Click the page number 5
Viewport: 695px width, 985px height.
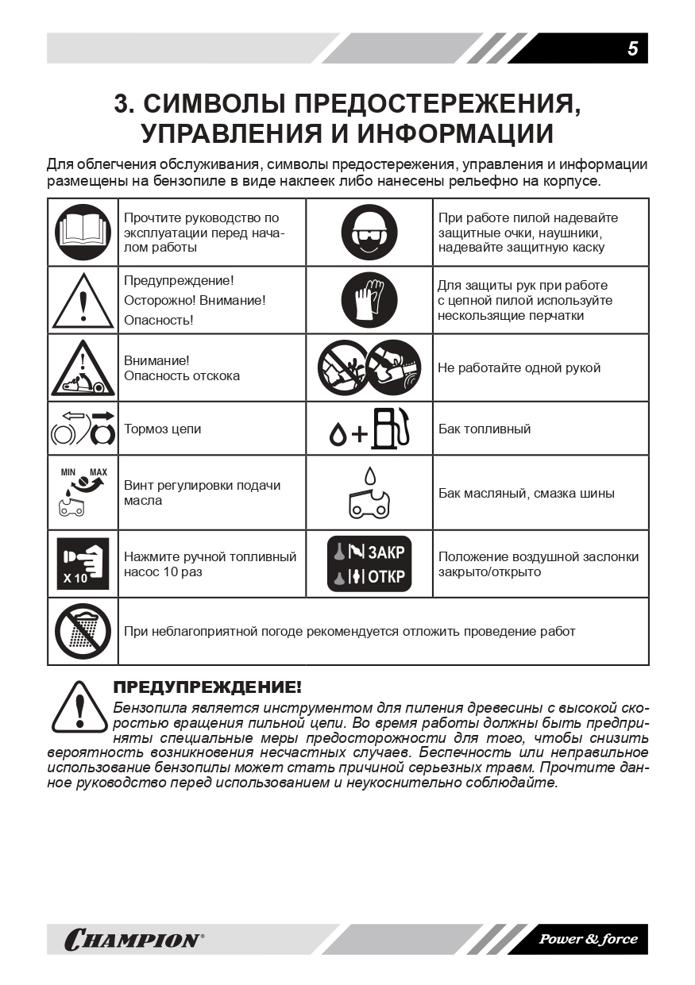tap(632, 48)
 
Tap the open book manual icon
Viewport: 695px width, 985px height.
tap(83, 232)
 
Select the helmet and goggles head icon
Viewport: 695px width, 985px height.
tap(369, 232)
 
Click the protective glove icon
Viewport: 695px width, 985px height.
tap(369, 299)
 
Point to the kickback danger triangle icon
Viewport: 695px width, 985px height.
tap(83, 368)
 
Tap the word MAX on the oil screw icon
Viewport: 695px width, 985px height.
tap(98, 472)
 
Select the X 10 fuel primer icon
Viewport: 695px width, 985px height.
tap(83, 564)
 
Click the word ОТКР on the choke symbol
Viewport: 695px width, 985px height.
tap(387, 577)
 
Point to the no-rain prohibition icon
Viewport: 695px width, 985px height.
tap(83, 632)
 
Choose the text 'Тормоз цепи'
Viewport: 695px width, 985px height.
tap(162, 429)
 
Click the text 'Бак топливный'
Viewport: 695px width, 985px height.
tap(485, 429)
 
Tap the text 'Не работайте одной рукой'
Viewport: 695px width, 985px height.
tap(519, 367)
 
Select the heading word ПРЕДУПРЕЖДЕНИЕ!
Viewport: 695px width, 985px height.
tap(207, 687)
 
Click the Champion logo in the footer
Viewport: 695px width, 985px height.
tap(133, 941)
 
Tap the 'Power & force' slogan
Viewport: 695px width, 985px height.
tap(588, 940)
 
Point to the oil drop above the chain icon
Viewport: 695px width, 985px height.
tap(369, 475)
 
